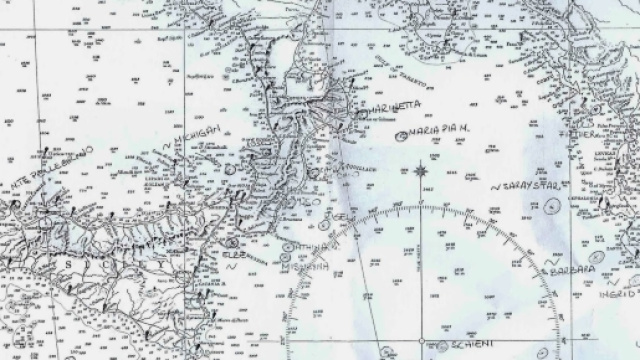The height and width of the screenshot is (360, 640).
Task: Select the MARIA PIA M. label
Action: [436, 132]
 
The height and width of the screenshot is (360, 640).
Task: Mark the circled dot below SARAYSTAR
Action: [552, 206]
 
